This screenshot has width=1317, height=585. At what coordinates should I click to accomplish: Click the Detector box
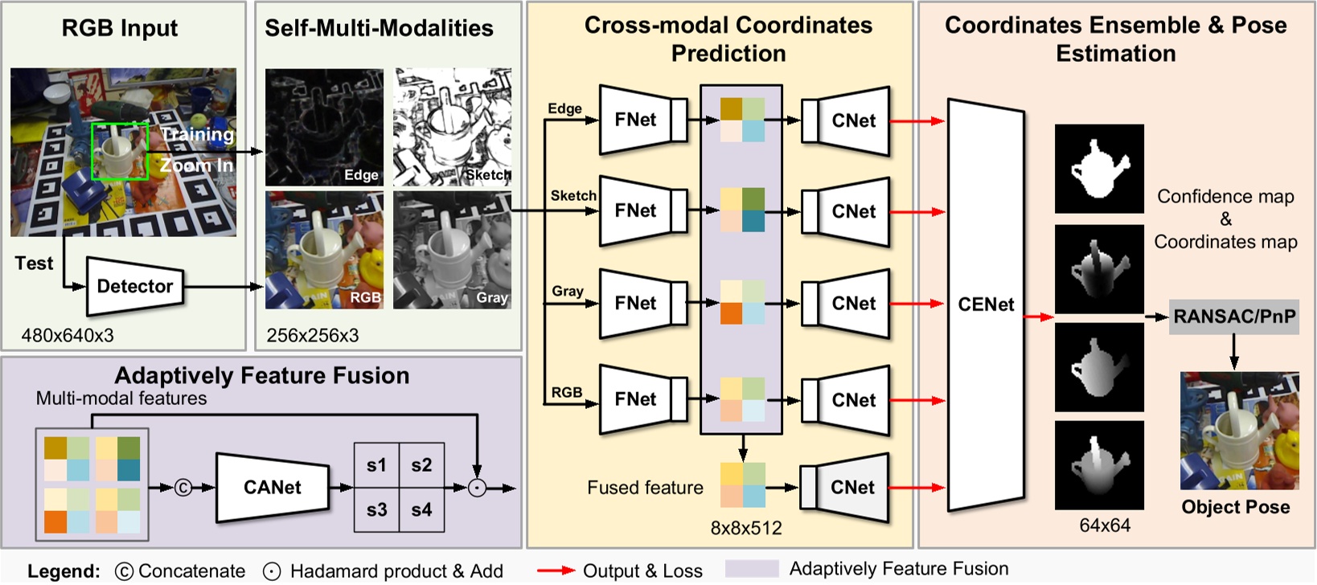click(x=134, y=287)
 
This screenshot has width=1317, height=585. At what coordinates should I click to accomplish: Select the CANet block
click(x=273, y=488)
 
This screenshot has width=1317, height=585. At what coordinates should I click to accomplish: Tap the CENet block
click(x=986, y=305)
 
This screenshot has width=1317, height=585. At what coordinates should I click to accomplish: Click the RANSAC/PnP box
click(x=1233, y=317)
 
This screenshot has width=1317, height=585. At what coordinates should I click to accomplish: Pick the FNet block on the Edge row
click(x=636, y=120)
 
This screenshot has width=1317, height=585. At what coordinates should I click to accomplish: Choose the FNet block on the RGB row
click(x=636, y=399)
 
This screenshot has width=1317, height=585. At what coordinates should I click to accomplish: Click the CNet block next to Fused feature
click(x=852, y=488)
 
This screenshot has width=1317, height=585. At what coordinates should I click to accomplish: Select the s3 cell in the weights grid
click(x=376, y=510)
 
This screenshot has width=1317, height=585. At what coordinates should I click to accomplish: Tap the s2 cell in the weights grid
click(x=421, y=465)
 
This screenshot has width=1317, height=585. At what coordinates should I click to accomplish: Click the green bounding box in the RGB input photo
click(x=120, y=151)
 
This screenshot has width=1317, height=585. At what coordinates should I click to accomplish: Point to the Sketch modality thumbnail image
click(x=452, y=127)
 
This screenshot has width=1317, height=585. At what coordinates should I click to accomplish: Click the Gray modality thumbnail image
click(x=452, y=250)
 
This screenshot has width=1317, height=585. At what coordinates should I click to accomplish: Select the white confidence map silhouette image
click(x=1099, y=169)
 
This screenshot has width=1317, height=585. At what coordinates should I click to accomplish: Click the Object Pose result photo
click(x=1239, y=431)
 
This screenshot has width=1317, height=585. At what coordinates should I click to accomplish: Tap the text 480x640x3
click(x=68, y=336)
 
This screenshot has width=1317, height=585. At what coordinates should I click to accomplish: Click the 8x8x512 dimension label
click(x=746, y=528)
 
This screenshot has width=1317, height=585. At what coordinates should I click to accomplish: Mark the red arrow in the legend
click(x=556, y=571)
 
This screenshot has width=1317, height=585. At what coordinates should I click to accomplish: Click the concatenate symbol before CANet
click(x=183, y=488)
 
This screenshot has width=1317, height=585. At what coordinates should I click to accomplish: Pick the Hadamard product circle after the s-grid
click(x=478, y=488)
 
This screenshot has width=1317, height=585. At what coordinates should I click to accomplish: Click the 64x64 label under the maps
click(x=1105, y=526)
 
